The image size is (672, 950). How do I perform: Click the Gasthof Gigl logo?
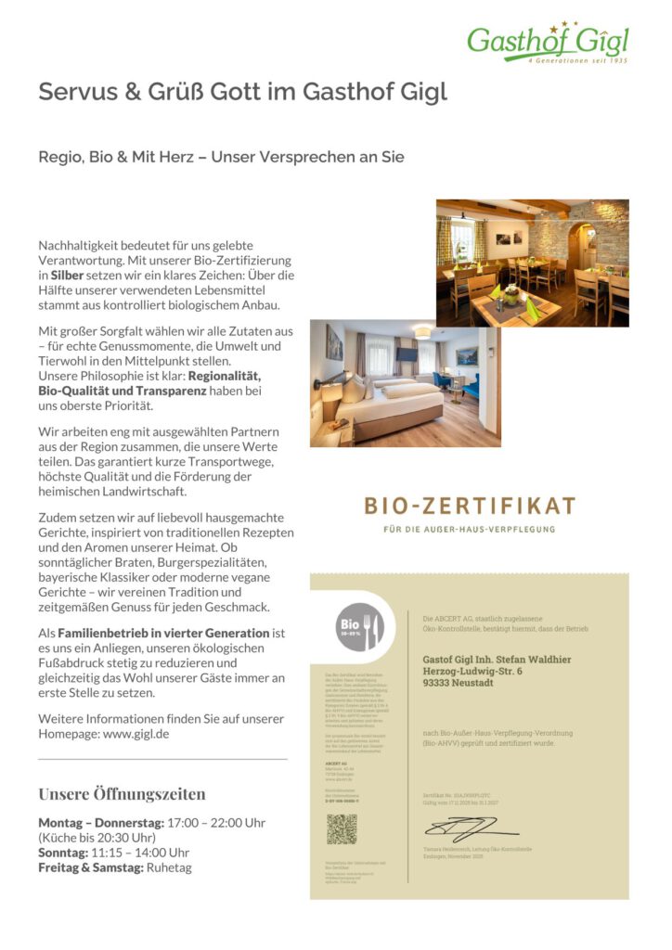pos(548,42)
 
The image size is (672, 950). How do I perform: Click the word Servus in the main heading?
pos(73,92)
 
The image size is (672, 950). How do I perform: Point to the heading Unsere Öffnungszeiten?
pos(122,794)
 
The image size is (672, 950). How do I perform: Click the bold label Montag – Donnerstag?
pos(100,823)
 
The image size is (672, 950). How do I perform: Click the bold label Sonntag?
pos(61,853)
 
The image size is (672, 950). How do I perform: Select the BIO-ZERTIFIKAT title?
pos(470,507)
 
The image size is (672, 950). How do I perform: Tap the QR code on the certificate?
pos(342,829)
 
